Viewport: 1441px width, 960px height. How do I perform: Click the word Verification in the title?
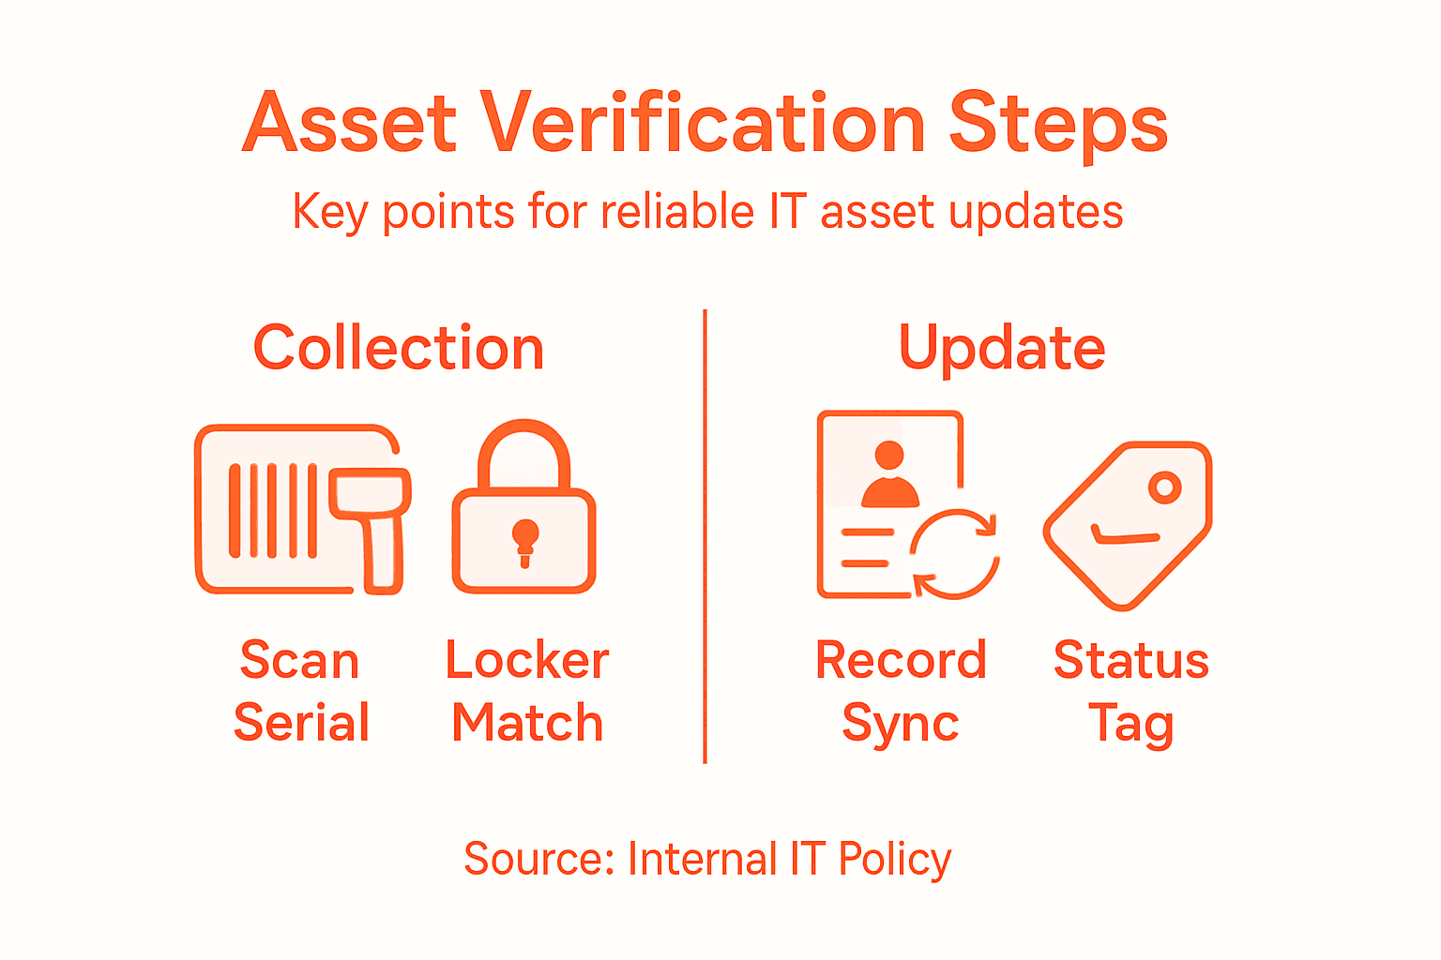click(x=704, y=125)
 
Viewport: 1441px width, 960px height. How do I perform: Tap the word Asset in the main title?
click(x=349, y=125)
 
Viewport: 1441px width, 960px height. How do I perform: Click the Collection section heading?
click(x=399, y=349)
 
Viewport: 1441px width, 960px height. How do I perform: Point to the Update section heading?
click(x=1002, y=349)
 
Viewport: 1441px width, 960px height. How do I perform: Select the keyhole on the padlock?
click(x=524, y=541)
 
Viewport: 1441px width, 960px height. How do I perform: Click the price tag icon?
click(x=1128, y=525)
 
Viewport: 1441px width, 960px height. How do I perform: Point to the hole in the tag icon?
click(x=1165, y=487)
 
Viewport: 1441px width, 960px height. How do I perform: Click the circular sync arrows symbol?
click(x=955, y=554)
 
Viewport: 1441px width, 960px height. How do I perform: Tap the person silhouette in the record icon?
click(x=889, y=475)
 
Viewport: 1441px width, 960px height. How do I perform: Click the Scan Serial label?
click(x=301, y=692)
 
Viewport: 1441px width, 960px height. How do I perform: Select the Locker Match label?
click(x=527, y=692)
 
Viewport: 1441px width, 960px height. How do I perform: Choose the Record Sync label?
click(x=901, y=692)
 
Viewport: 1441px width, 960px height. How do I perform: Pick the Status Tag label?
click(x=1131, y=692)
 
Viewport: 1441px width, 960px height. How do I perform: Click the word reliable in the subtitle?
click(x=677, y=212)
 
